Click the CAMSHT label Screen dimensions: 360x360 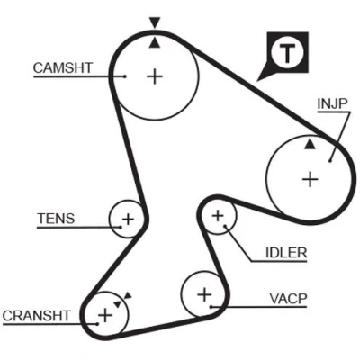pos(63,67)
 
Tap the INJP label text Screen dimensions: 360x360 pos(332,103)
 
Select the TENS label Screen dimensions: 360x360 pos(56,219)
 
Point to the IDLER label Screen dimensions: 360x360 pos(286,253)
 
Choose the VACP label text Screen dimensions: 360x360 pos(288,299)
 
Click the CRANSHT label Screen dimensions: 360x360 pos(37,316)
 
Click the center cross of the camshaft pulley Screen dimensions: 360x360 pos(155,76)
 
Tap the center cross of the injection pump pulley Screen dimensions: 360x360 pos(310,180)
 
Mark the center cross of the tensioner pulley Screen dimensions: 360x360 pos(128,220)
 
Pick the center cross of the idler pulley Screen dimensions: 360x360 pos(218,216)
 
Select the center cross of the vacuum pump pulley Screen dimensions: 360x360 pos(205,294)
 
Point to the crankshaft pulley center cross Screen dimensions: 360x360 pos(105,315)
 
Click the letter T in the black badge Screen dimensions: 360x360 pos(287,53)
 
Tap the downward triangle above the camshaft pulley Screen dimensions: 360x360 pos(155,22)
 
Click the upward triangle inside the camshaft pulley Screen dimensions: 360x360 pos(155,42)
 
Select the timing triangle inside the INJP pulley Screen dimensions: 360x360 pos(310,144)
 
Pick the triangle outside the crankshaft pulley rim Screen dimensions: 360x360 pos(128,295)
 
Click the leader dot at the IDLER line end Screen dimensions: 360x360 pos(225,226)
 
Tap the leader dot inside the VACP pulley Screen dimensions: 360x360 pos(211,307)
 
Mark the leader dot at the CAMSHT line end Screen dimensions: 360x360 pos(125,76)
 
